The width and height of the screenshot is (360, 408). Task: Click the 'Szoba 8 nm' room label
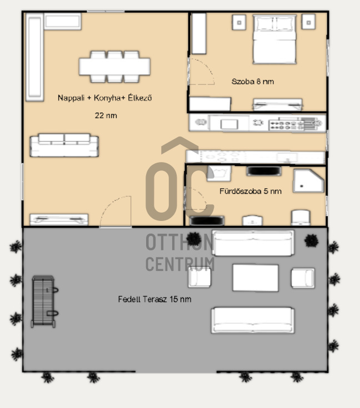(253, 82)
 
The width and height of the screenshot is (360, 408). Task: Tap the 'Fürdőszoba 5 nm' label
(251, 192)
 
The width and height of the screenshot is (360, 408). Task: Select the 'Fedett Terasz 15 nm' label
(154, 299)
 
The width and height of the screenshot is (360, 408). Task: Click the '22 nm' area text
(106, 115)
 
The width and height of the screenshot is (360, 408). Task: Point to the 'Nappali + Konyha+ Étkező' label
(104, 98)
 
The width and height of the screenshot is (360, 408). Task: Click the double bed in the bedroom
(274, 39)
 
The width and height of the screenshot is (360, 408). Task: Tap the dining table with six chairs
(114, 67)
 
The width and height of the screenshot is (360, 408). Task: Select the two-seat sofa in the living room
(64, 145)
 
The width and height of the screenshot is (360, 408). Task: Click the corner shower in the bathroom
(308, 181)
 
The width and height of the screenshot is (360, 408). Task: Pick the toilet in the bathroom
(301, 218)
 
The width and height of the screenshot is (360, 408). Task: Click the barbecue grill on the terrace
(44, 301)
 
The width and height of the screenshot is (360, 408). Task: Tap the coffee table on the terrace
(256, 278)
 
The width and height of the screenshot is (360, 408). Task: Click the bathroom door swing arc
(201, 195)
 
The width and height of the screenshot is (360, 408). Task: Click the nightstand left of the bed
(239, 22)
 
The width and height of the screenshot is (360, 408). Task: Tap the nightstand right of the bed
(309, 22)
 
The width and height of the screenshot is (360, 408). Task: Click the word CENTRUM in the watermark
(180, 264)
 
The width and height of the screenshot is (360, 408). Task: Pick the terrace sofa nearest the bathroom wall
(253, 243)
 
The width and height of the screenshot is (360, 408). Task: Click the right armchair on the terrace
(303, 278)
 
